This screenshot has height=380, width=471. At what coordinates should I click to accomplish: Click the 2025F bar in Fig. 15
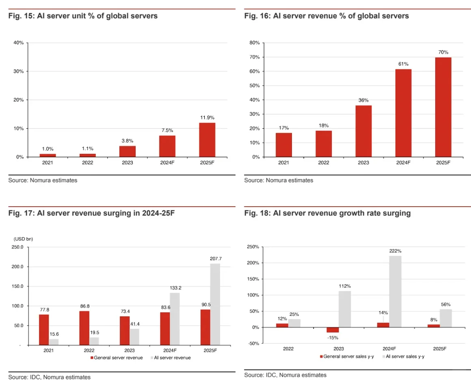click(x=207, y=140)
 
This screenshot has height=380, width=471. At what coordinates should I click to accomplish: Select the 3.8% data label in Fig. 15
click(x=127, y=140)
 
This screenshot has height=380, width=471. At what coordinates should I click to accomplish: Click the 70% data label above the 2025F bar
click(x=443, y=52)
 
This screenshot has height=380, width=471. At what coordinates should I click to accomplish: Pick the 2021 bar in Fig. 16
click(x=284, y=145)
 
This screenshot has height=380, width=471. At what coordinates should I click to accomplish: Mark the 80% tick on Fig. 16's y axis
click(x=255, y=43)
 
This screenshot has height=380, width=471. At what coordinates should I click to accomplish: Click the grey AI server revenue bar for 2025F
click(x=215, y=304)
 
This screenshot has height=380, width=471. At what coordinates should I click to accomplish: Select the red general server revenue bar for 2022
click(x=84, y=328)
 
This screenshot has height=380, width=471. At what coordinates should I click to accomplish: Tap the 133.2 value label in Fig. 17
click(x=175, y=288)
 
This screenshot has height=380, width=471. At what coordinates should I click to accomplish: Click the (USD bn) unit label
click(x=23, y=239)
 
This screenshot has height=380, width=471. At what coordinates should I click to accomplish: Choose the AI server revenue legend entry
click(x=171, y=358)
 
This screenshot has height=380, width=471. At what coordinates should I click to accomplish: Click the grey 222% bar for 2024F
click(x=395, y=291)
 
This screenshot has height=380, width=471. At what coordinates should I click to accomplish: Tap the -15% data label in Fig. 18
click(x=333, y=337)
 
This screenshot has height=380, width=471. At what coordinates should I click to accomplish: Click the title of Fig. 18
click(x=327, y=213)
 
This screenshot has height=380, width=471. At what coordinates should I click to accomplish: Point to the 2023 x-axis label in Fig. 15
click(x=127, y=163)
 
